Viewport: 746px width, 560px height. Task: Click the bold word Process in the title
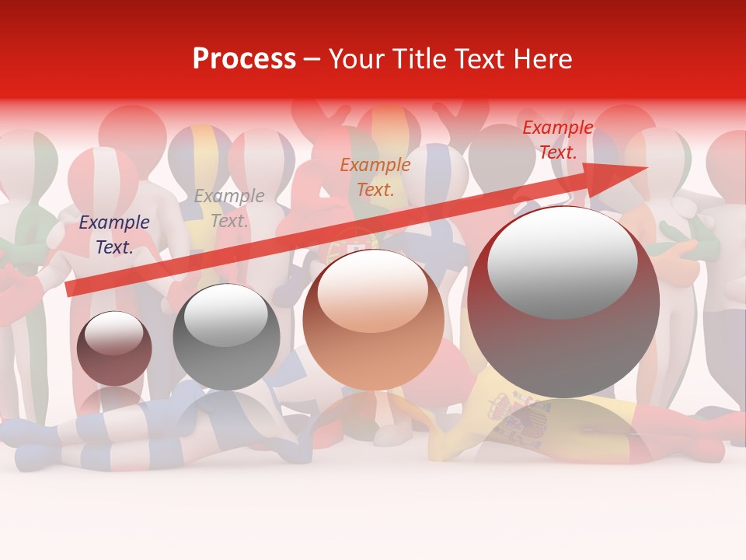click(x=244, y=59)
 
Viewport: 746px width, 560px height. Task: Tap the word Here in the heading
click(x=542, y=59)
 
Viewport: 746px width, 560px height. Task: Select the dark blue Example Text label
click(x=114, y=235)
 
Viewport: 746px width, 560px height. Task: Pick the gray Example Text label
click(x=229, y=208)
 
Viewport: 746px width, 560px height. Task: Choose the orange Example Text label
click(x=375, y=177)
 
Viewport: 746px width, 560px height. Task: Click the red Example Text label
click(x=557, y=140)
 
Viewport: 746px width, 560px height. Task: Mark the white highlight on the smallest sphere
click(x=113, y=333)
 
